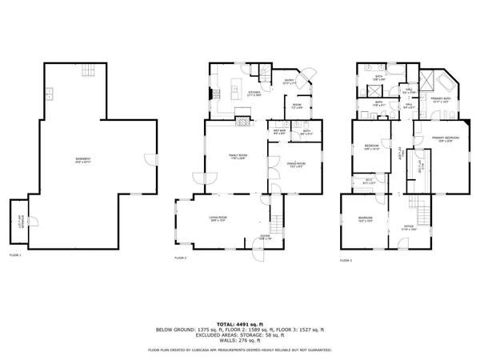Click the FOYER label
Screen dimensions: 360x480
coord(266,238)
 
